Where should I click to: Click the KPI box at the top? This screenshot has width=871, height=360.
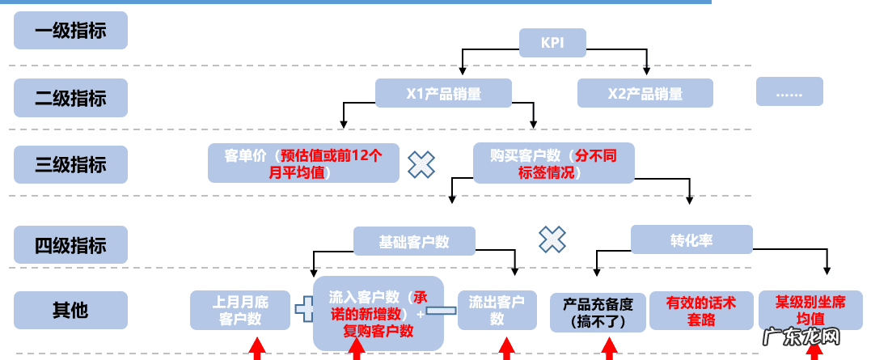point(552,42)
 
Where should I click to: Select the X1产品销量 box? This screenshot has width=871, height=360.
point(443,93)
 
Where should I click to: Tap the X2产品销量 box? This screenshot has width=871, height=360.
point(645,93)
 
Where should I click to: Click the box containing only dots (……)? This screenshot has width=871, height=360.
point(789,91)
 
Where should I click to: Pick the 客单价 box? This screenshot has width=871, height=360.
point(303,163)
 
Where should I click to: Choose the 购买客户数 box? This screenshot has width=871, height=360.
point(553,163)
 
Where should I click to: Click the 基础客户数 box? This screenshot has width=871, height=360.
point(414,241)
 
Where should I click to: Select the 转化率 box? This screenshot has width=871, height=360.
point(691,240)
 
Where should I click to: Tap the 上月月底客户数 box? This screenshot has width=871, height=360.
point(240,311)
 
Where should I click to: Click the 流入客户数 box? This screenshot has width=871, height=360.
point(378,313)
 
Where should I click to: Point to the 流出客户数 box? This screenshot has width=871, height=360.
point(497,311)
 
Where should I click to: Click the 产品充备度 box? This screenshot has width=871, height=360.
point(598,312)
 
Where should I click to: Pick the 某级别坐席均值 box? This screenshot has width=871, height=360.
point(810,310)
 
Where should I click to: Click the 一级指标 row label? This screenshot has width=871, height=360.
point(70,31)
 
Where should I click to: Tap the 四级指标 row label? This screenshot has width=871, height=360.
point(70,244)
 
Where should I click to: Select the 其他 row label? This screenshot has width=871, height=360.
point(70,311)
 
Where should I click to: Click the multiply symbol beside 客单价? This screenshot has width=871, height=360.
point(421,164)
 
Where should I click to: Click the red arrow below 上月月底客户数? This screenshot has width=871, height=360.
point(256,349)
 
